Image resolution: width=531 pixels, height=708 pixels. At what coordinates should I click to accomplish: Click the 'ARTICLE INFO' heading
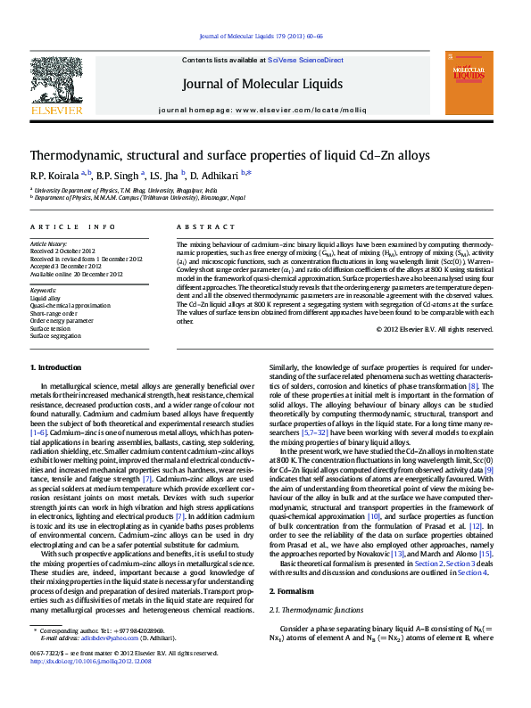click(72, 228)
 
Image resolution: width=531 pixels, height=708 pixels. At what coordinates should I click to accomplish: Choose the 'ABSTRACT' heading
click(199, 228)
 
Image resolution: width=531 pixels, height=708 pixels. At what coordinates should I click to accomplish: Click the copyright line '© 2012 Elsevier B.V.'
click(447, 329)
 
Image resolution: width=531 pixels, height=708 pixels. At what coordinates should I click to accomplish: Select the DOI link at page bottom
click(90, 687)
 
